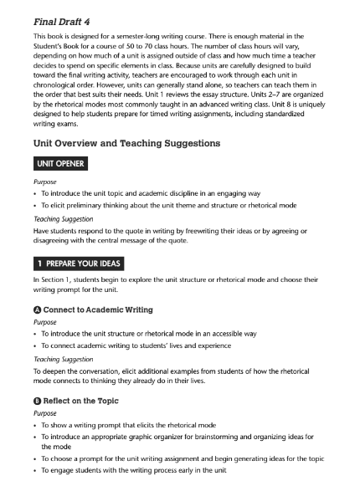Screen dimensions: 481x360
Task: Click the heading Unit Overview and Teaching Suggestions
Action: [x=126, y=143]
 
